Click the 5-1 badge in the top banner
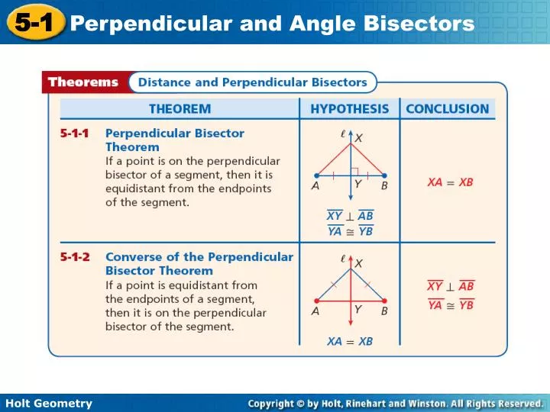click(x=33, y=23)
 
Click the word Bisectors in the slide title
click(x=427, y=24)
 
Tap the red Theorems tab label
click(x=83, y=82)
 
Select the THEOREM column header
click(x=180, y=109)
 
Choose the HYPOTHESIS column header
click(x=349, y=109)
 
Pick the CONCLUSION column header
click(x=447, y=109)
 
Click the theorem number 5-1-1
click(x=75, y=133)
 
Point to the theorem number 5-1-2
click(x=75, y=257)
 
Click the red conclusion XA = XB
click(x=450, y=183)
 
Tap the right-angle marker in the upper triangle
click(x=354, y=171)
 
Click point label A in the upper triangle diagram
click(x=315, y=185)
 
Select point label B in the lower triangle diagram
click(x=384, y=311)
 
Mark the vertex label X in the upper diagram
click(x=359, y=138)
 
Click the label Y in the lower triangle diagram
click(x=357, y=309)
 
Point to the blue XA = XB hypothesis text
click(x=350, y=341)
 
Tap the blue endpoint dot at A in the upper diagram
click(x=316, y=175)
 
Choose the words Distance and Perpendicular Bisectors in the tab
click(x=252, y=82)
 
